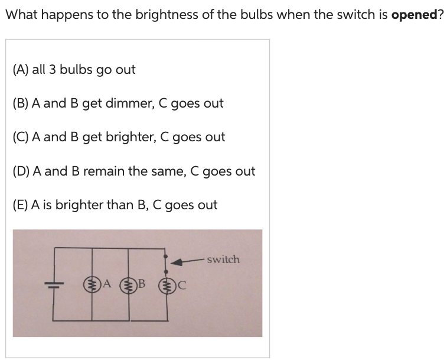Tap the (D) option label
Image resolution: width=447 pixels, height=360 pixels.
click(x=21, y=171)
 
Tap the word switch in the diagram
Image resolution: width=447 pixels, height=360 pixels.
click(x=223, y=260)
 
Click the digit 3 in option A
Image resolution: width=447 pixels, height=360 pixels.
click(x=53, y=70)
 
